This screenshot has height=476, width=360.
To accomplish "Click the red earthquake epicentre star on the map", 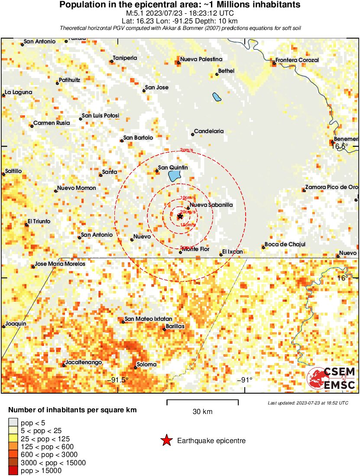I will (180, 216).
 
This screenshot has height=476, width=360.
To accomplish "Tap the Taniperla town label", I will (125, 58).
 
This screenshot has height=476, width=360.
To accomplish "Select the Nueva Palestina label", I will (201, 59).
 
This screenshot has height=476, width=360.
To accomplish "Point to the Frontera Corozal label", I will (297, 60).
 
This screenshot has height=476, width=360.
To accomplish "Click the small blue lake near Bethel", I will (216, 97).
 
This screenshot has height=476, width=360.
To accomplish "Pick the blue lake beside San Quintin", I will (174, 176).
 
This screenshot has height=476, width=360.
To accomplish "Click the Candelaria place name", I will (209, 131).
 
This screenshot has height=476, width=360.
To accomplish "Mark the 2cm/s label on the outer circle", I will (187, 150).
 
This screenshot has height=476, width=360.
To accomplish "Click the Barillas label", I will (175, 326).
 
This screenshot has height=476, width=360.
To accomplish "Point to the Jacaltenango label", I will (83, 362).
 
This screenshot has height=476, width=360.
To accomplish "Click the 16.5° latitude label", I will (340, 147).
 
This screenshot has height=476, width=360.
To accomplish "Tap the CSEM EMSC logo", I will (331, 378).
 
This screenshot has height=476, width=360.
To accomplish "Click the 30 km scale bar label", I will (202, 411).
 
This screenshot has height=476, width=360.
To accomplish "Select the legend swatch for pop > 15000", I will (13, 470).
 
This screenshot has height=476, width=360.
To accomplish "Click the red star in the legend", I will (166, 441).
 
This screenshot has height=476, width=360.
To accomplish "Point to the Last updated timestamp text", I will (308, 403).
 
